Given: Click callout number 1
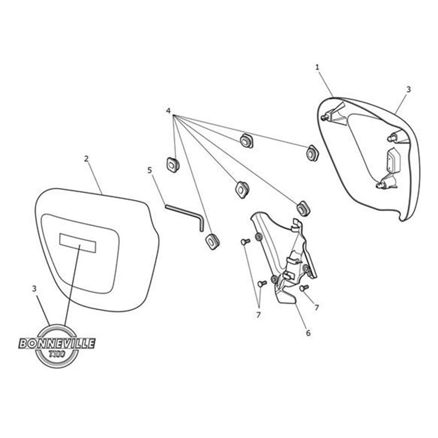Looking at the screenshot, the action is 317,67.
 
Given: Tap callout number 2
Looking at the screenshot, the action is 86,159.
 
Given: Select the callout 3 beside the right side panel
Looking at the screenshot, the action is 408,89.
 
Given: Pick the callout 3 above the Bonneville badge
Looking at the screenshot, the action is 34,289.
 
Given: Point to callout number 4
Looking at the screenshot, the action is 168,111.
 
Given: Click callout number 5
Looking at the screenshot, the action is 149,170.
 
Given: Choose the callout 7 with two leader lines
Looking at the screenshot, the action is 258,315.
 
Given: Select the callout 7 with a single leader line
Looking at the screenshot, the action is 316,307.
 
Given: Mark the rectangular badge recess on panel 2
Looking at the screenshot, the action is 77,242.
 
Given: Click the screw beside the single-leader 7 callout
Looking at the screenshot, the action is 304,288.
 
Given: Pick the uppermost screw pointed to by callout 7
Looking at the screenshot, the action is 245,242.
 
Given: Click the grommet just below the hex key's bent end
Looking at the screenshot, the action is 212,241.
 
